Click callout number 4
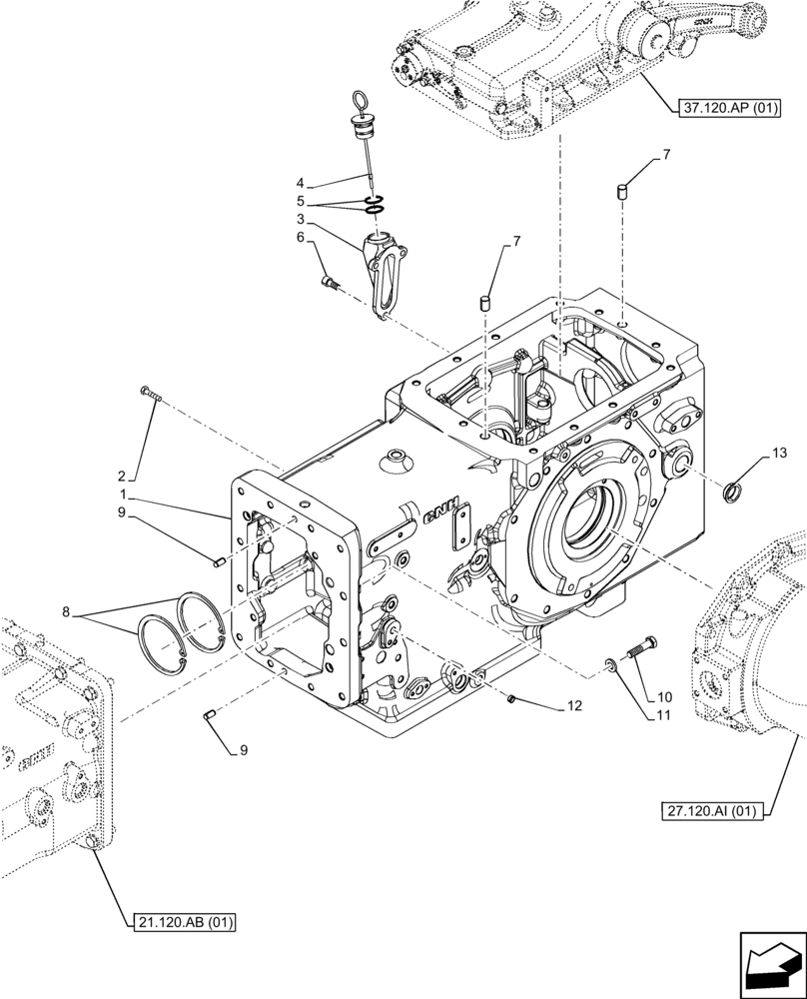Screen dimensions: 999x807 pos(300,183)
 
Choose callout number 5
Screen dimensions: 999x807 pos(300,200)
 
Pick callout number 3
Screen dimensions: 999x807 pos(300,219)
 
